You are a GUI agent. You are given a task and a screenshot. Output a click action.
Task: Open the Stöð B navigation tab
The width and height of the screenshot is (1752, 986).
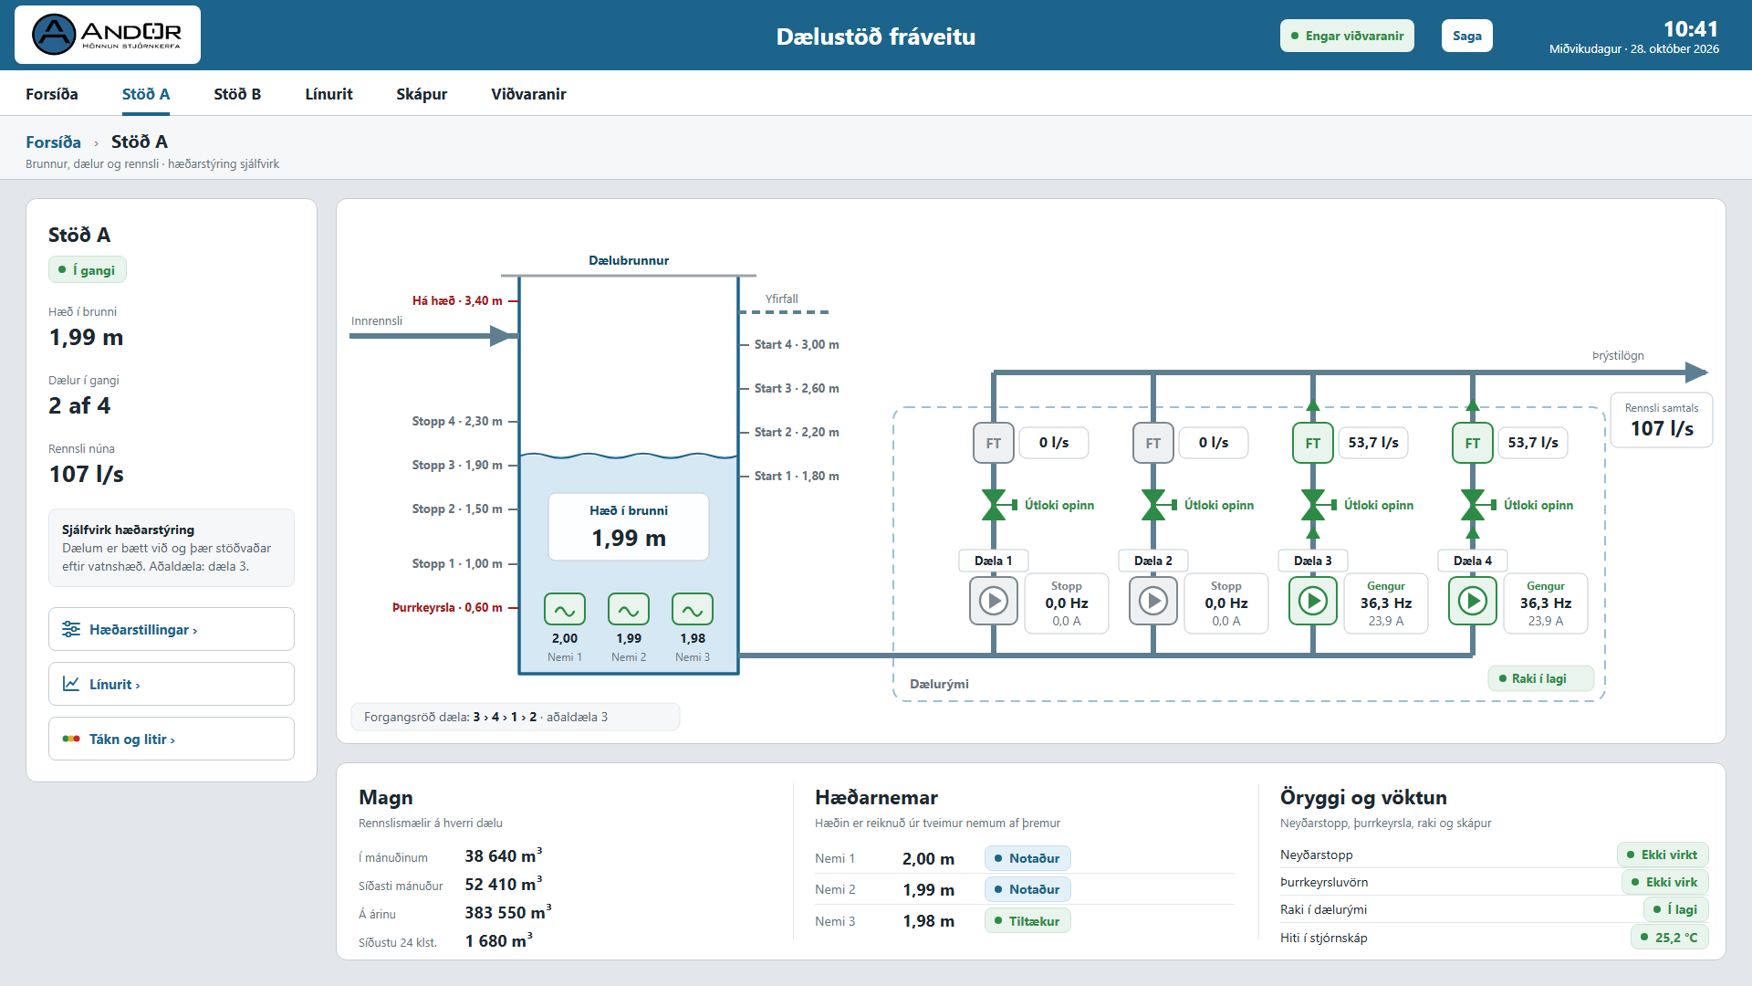point(237,94)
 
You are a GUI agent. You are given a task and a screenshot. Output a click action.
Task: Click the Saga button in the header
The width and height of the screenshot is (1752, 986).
point(1466,36)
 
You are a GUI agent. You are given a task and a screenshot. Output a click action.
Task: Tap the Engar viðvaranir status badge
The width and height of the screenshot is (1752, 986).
point(1347,36)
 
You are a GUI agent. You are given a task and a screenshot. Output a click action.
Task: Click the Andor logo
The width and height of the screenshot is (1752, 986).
point(108,35)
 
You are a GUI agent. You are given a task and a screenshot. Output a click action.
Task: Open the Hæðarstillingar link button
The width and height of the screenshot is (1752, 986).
point(172,629)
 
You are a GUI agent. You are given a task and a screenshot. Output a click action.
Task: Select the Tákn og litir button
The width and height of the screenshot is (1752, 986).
point(172,739)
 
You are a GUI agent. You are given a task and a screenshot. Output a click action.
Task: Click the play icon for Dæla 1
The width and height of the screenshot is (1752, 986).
point(994,601)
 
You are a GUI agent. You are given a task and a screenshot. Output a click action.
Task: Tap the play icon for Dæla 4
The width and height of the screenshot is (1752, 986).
point(1473,601)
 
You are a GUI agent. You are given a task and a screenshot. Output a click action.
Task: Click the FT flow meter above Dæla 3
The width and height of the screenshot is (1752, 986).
point(1313,443)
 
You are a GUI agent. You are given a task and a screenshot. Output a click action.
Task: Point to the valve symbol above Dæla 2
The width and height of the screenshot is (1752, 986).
point(1153,505)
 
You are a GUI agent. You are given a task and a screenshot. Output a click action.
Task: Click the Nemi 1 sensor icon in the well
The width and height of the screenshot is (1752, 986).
point(565,609)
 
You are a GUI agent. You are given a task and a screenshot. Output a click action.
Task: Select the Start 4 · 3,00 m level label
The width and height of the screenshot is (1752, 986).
point(797,344)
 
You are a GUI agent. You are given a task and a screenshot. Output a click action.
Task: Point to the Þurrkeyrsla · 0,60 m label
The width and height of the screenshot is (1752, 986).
point(447,607)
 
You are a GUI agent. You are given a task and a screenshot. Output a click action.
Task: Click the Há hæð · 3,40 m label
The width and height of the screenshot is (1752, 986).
point(457,300)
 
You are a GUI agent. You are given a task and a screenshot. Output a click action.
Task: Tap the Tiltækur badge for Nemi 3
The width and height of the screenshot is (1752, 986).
point(1027,921)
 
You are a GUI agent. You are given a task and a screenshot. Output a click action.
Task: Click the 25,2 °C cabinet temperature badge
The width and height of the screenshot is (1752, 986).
point(1669,938)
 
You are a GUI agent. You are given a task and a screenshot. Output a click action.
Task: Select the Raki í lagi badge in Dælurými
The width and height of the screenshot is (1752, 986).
point(1540,678)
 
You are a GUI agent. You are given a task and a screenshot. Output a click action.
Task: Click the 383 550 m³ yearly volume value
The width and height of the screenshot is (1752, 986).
point(508,912)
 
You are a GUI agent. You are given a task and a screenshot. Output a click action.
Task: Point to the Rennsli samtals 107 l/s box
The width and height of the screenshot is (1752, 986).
point(1662,420)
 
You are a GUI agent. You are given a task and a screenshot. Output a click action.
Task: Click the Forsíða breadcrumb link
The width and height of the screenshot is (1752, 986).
point(53,142)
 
